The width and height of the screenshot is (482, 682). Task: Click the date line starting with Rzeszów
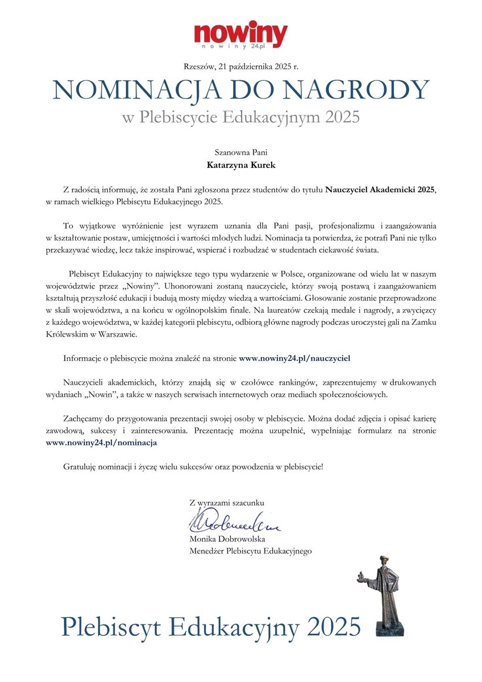tap(241, 67)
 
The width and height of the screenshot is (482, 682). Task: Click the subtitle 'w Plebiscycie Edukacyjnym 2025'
tap(241, 118)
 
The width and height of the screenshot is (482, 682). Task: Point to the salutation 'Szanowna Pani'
tap(241, 152)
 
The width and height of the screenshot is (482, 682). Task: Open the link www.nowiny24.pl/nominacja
tap(101, 441)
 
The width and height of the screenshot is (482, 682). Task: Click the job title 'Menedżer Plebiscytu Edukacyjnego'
tap(251, 551)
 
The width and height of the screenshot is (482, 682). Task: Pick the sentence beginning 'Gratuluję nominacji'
tap(193, 467)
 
